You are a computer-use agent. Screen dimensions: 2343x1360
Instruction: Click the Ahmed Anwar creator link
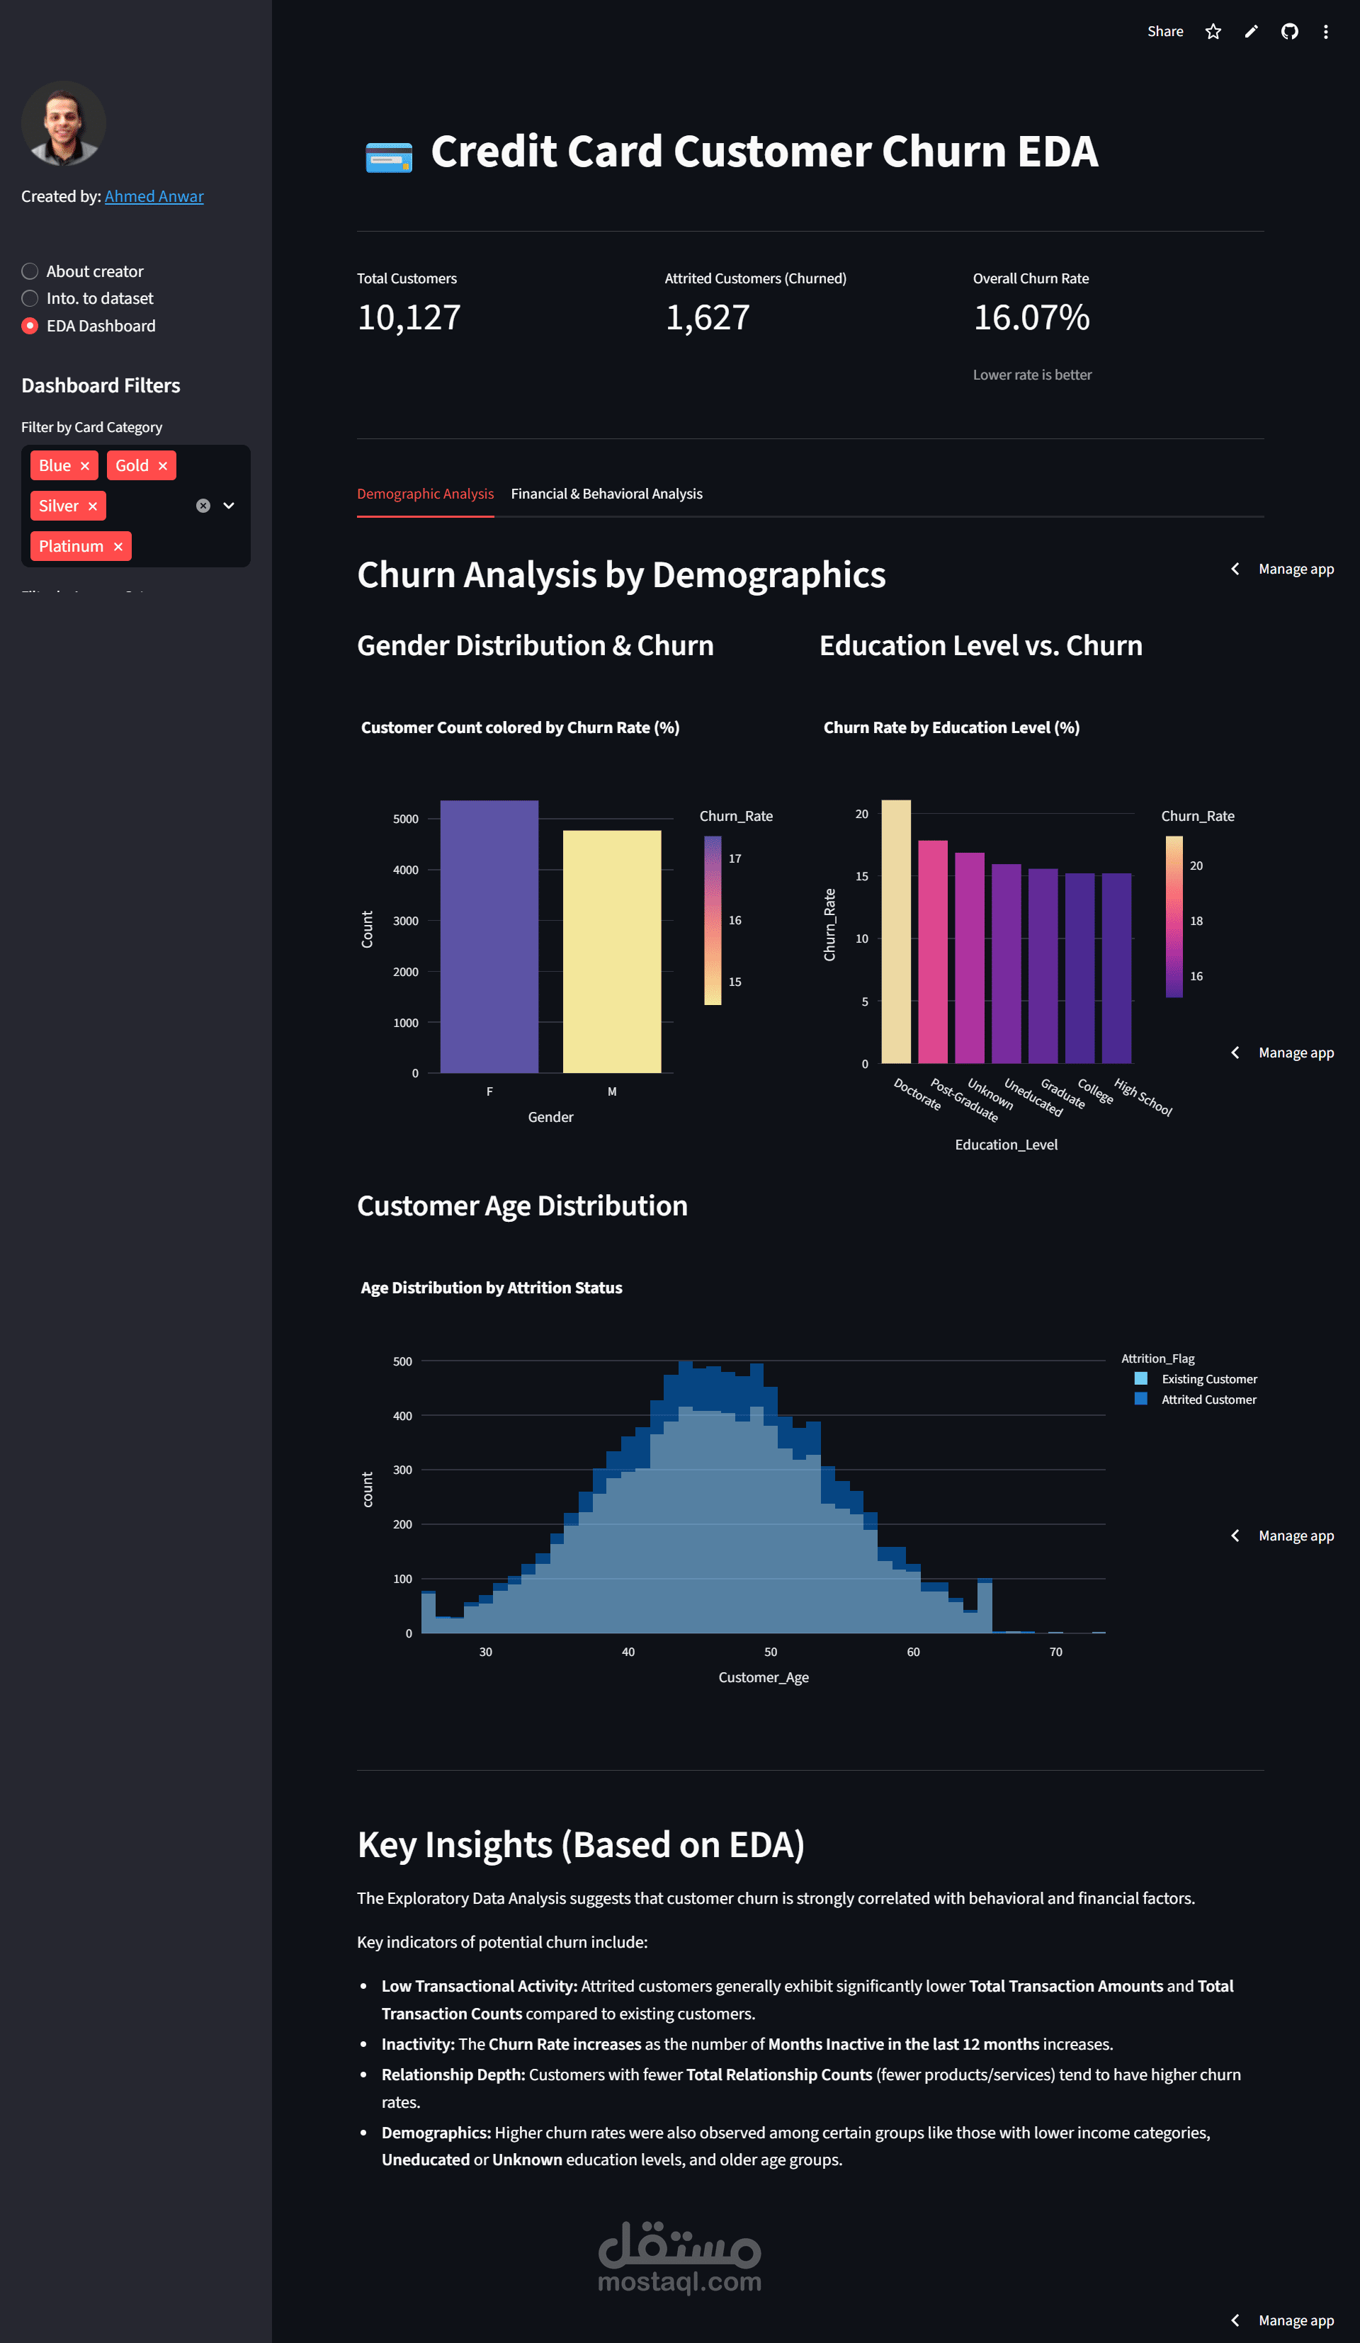click(x=154, y=196)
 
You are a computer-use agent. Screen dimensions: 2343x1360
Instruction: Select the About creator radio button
click(x=30, y=271)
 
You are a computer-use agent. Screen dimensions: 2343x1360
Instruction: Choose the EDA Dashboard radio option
click(x=30, y=325)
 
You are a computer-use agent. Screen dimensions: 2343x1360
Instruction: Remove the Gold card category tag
click(x=163, y=466)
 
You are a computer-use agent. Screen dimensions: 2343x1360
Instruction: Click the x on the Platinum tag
click(x=118, y=547)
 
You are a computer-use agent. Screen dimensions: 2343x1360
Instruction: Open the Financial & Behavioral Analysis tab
click(x=606, y=494)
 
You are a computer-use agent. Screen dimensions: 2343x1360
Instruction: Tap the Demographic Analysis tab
click(x=425, y=494)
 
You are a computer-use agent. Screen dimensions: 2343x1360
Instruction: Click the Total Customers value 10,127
click(x=409, y=318)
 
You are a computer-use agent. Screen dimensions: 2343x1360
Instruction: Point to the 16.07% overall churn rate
click(x=1031, y=318)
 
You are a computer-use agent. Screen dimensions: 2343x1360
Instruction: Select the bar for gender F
click(x=489, y=936)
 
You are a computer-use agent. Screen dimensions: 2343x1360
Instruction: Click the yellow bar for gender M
click(x=612, y=951)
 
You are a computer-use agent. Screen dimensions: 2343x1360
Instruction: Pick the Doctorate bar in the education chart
click(x=896, y=931)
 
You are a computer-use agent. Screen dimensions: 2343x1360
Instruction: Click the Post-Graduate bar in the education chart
click(x=932, y=951)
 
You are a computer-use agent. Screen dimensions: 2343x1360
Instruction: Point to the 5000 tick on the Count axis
click(x=405, y=819)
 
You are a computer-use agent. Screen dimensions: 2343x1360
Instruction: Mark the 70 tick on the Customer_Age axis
click(x=1055, y=1651)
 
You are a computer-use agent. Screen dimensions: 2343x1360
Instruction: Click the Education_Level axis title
click(x=1006, y=1145)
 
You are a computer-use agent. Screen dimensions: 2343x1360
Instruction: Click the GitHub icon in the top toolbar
click(x=1289, y=32)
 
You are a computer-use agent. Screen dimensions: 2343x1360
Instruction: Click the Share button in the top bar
click(x=1164, y=32)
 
